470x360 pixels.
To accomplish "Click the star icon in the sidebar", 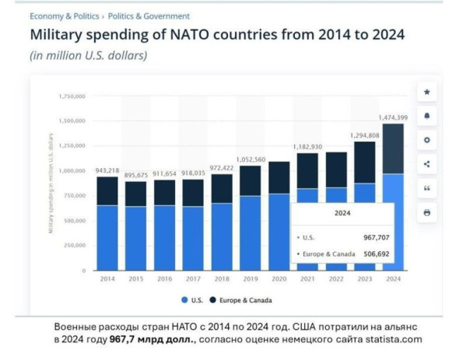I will coord(426,92).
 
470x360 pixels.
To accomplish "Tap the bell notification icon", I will coord(426,116).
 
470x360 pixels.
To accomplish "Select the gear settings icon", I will coord(426,140).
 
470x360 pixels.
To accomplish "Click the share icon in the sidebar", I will coord(426,164).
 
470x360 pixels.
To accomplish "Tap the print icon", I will coord(426,212).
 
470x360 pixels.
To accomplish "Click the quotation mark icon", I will coord(426,188).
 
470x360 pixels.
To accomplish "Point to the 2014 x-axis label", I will coord(107,279).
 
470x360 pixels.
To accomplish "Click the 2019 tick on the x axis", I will coord(250,279).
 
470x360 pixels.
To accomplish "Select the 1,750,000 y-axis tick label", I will coord(71,96).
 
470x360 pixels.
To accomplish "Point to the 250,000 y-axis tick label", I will coord(73,245).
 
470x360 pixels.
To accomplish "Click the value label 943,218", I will coord(107,170).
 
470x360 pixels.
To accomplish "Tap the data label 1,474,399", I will coord(393,117).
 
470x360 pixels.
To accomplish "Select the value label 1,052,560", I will coord(250,159).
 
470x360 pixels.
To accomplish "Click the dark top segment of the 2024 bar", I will coord(393,148).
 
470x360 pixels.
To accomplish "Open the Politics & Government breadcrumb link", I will coord(149,16).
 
